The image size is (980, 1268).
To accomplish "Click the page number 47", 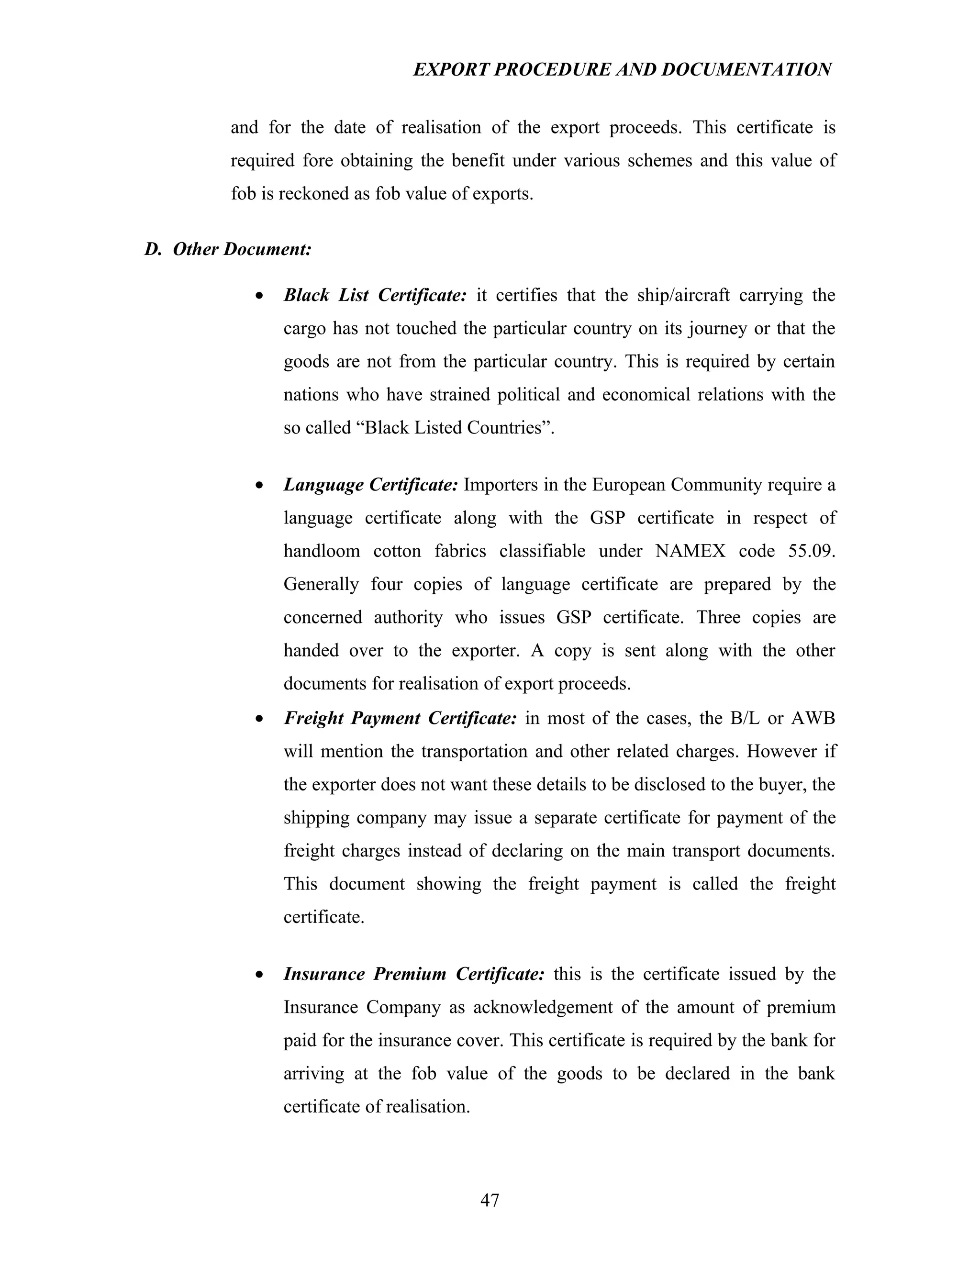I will coord(490,1200).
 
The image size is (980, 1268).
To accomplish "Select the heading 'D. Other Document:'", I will coord(228,249).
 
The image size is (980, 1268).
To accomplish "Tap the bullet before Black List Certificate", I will coord(260,296).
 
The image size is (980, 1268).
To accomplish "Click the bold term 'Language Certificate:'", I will coord(371,484).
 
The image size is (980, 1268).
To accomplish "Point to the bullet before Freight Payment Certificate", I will coord(260,719).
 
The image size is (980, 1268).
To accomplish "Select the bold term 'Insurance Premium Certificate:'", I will coord(414,974).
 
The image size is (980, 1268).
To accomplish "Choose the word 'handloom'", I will coord(321,550).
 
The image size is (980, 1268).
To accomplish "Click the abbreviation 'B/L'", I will coord(744,718).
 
